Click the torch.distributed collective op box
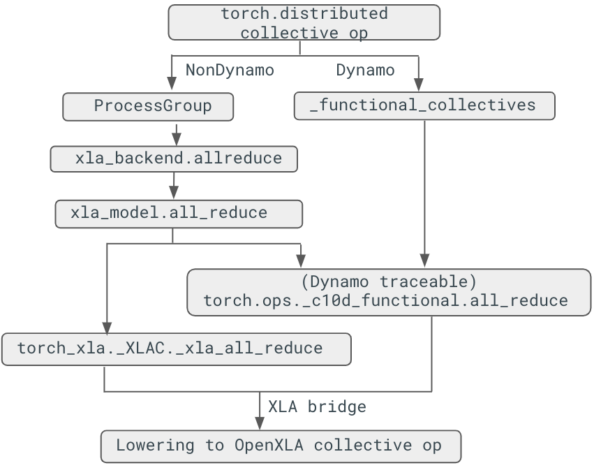tap(304, 22)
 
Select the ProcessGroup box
tap(148, 107)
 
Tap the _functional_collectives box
tap(424, 106)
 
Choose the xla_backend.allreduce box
tap(174, 159)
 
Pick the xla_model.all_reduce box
tap(178, 213)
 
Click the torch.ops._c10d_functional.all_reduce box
tap(389, 291)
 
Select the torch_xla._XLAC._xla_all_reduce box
tap(176, 349)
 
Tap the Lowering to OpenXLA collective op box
tap(281, 446)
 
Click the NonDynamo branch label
tap(230, 71)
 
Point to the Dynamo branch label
tap(365, 71)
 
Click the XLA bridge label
tap(317, 407)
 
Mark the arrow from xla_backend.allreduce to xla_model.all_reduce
tap(173, 186)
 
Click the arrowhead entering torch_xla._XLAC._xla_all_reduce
tap(106, 328)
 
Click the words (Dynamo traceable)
tap(389, 282)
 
